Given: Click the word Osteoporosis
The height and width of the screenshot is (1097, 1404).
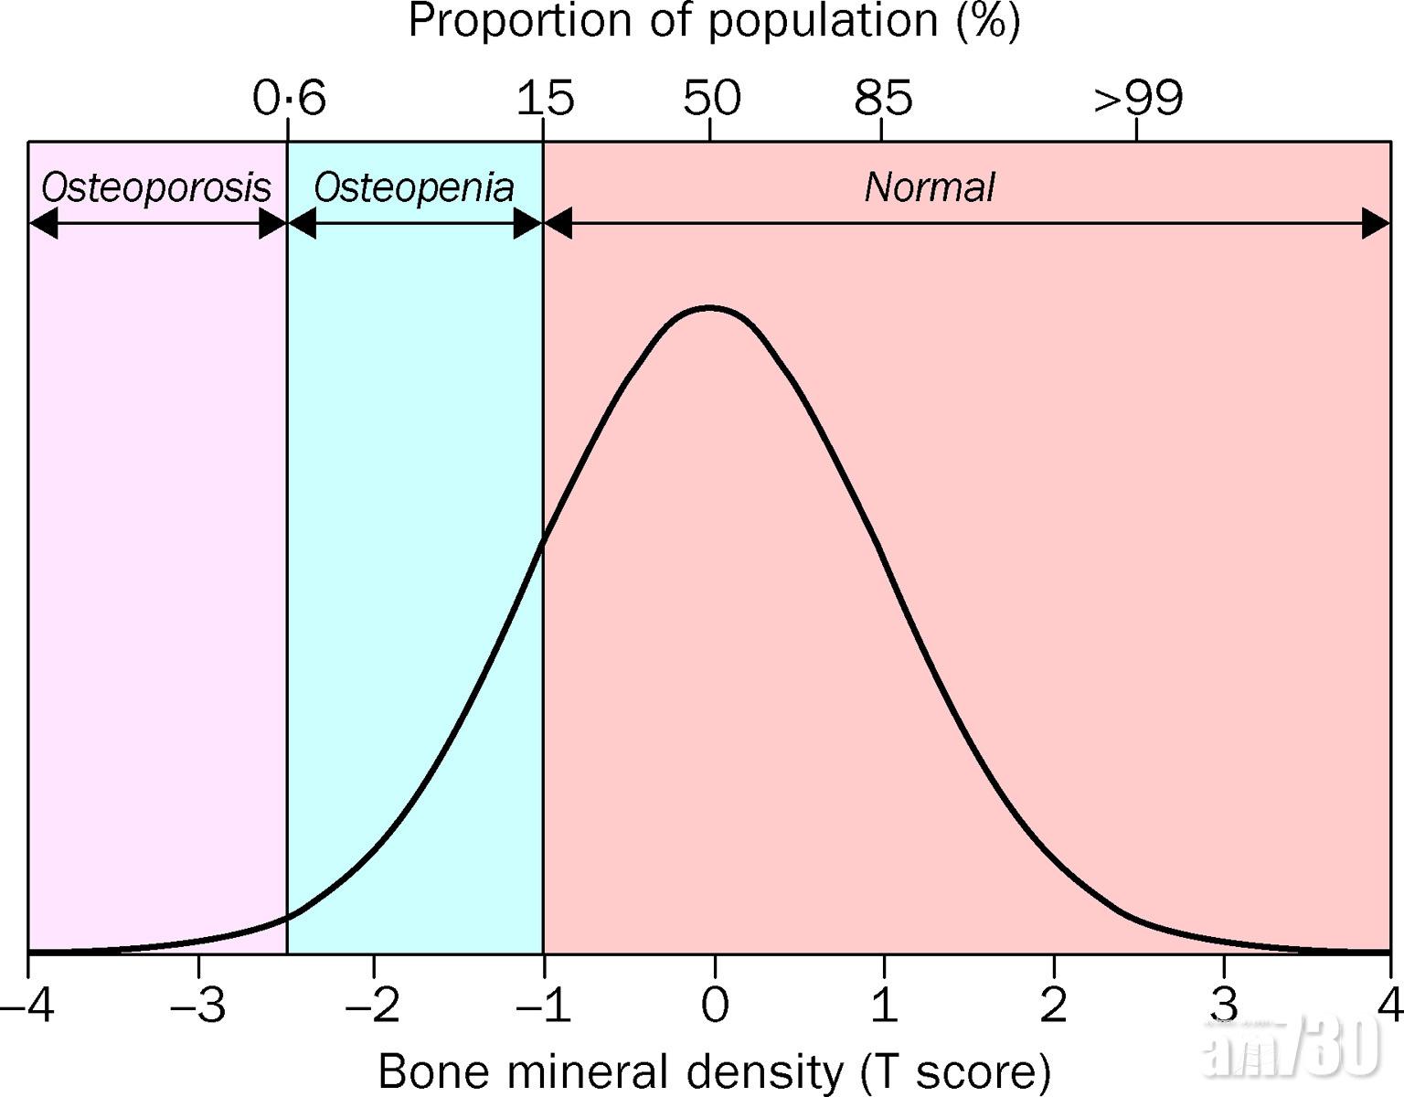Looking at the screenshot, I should click(x=156, y=187).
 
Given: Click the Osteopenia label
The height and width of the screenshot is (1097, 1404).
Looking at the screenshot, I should click(x=414, y=187).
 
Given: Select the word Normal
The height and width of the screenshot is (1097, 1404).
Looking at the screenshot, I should click(x=929, y=187).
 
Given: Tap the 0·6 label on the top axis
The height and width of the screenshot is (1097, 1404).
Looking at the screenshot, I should click(x=289, y=98).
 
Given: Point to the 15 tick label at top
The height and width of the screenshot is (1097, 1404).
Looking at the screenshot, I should click(x=545, y=98).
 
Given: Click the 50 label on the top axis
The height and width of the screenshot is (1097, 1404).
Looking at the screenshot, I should click(x=711, y=98).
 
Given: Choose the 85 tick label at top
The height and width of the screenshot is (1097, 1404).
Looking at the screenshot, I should click(x=883, y=98).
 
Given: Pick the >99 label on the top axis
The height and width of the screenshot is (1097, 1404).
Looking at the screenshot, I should click(x=1138, y=98).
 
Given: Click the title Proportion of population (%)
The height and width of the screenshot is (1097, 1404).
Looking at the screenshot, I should click(x=714, y=22).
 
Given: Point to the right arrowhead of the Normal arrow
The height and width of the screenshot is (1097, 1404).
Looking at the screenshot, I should click(x=1376, y=223).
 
